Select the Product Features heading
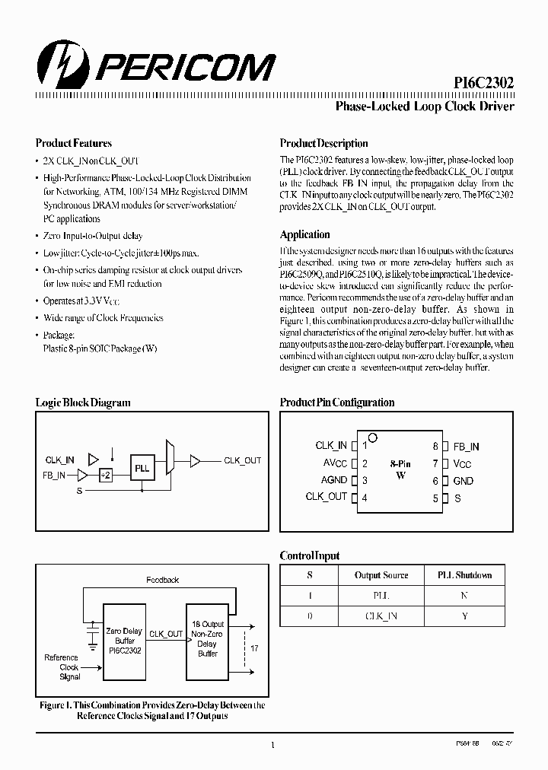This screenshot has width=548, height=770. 74,143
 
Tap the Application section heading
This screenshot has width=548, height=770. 304,234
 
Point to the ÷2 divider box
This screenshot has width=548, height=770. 105,475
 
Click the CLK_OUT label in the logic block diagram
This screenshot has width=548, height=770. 242,460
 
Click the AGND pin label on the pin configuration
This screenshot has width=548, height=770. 333,480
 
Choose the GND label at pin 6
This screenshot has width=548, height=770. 463,481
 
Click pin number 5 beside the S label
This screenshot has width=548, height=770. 436,498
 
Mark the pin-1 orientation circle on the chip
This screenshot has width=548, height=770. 373,438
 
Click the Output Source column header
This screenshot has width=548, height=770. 381,575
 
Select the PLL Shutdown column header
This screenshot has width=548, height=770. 464,575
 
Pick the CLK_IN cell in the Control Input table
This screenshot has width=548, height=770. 381,616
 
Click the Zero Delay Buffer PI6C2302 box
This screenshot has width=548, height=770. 124,641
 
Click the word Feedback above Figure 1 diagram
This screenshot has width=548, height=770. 162,580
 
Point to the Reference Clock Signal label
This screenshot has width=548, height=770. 61,667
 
